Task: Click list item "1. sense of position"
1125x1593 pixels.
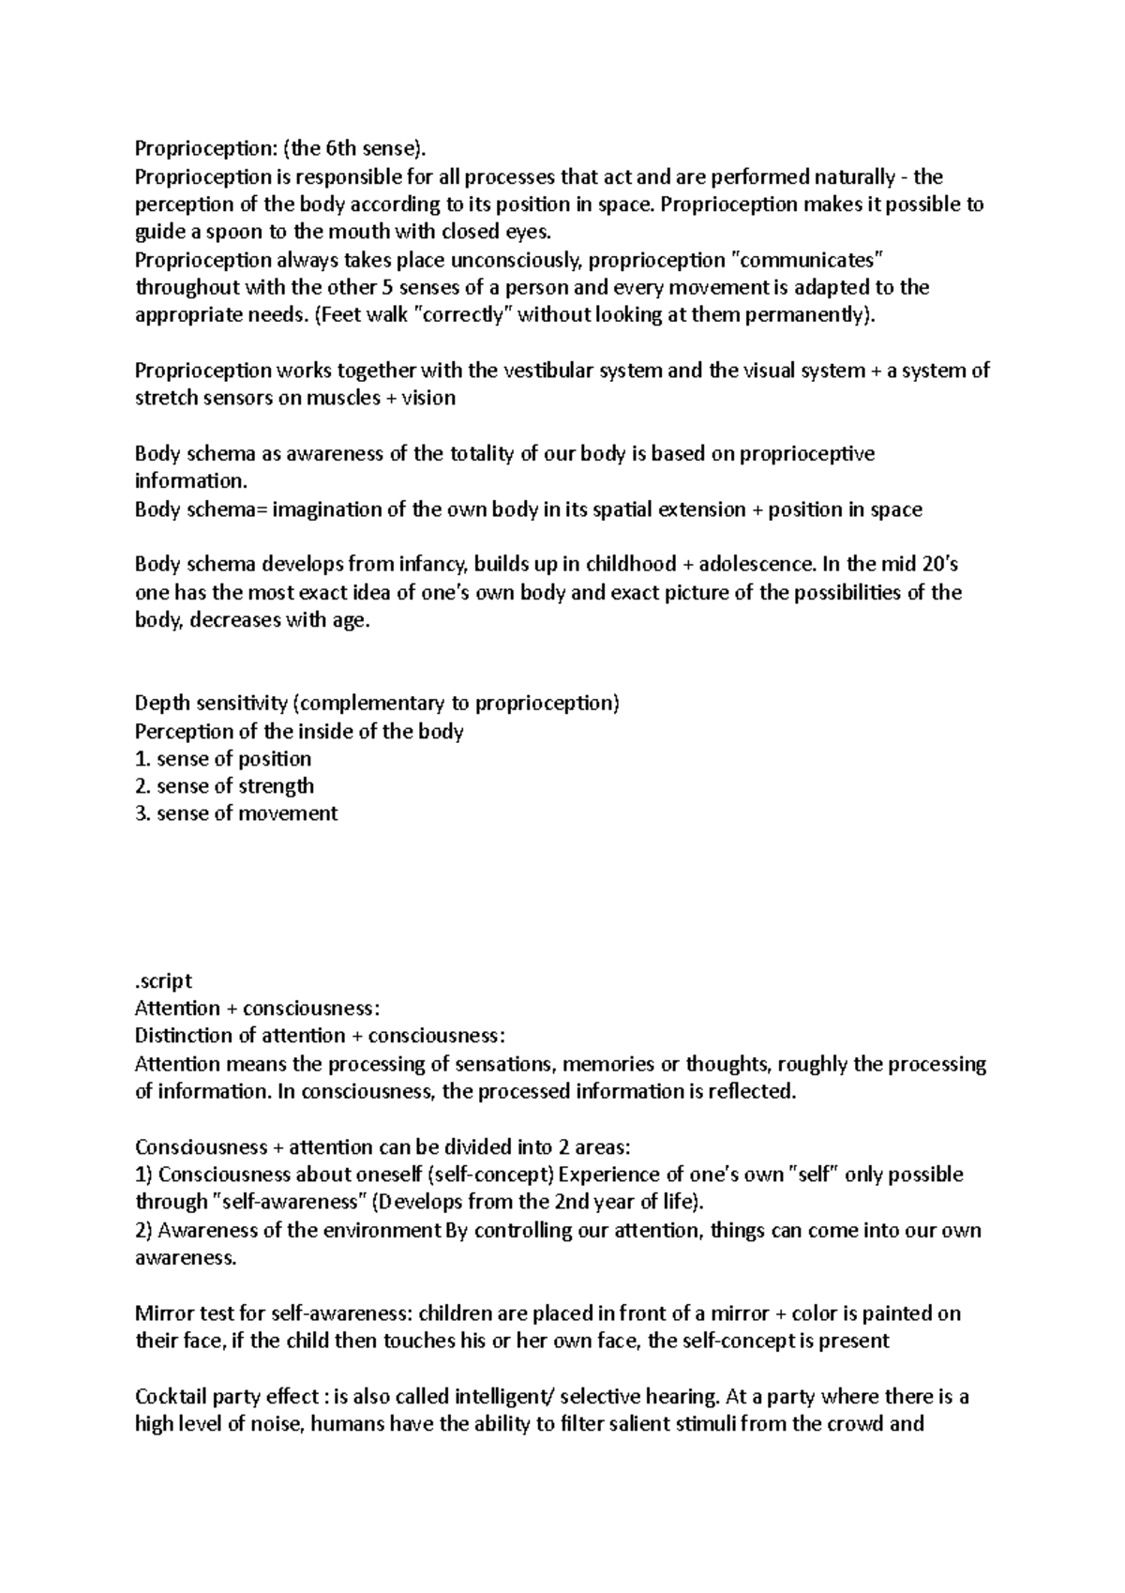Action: (x=223, y=759)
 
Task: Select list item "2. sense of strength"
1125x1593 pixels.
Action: (x=224, y=786)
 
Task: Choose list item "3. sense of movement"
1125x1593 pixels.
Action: (x=235, y=814)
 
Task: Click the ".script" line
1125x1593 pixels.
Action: (x=163, y=981)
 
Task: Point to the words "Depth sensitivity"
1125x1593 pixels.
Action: (x=211, y=704)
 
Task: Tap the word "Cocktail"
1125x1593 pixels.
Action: (x=173, y=1397)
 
